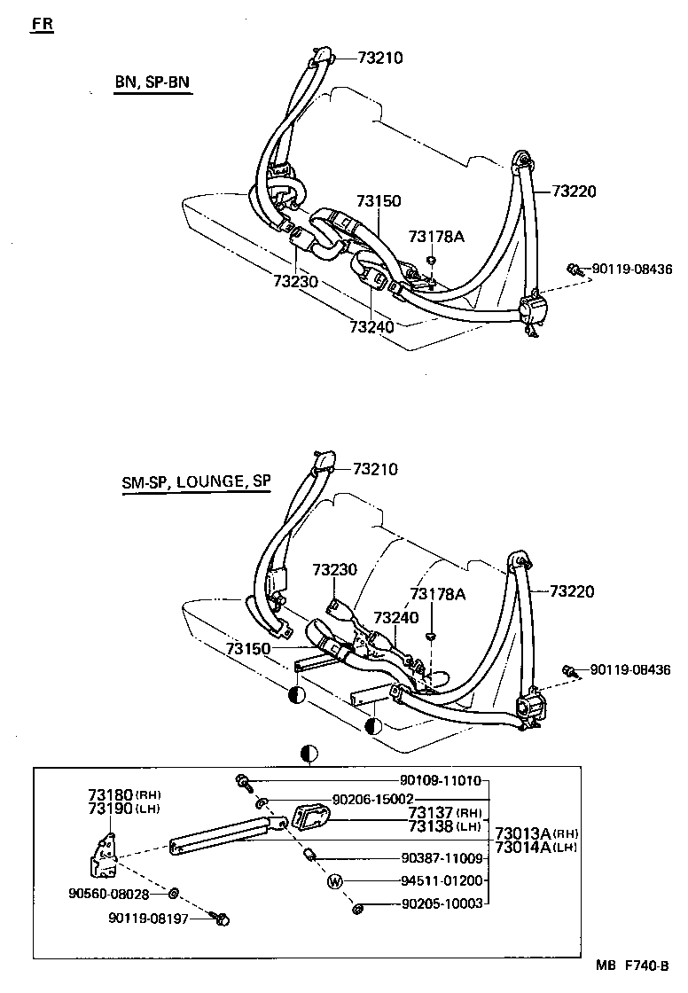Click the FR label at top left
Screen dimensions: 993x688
coord(42,24)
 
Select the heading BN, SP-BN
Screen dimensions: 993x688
coord(152,83)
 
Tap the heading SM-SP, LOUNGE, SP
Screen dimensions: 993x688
coord(196,481)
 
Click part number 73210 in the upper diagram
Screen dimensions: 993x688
coord(380,59)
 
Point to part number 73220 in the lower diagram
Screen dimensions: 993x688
coord(572,591)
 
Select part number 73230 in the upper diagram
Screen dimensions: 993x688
coord(296,281)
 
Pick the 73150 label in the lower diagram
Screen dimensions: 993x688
coord(247,649)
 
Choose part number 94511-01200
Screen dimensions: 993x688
coord(440,881)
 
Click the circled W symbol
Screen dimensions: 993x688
coord(336,881)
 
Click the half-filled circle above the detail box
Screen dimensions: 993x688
coord(309,755)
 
